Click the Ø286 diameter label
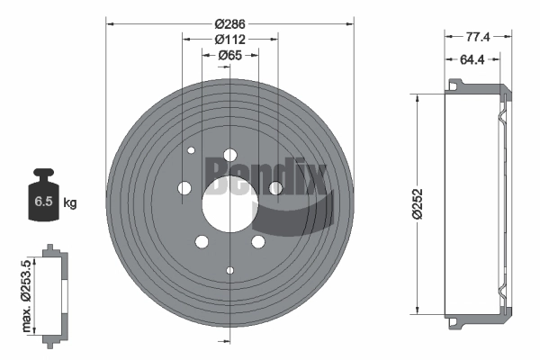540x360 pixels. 229,24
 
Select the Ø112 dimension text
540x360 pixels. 229,40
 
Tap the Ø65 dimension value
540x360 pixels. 229,56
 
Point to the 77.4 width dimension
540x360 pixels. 478,37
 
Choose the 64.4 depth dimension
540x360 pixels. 472,59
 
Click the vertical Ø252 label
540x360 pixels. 418,203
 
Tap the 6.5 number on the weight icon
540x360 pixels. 43,202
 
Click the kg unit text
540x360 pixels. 69,202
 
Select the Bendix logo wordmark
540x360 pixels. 265,175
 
